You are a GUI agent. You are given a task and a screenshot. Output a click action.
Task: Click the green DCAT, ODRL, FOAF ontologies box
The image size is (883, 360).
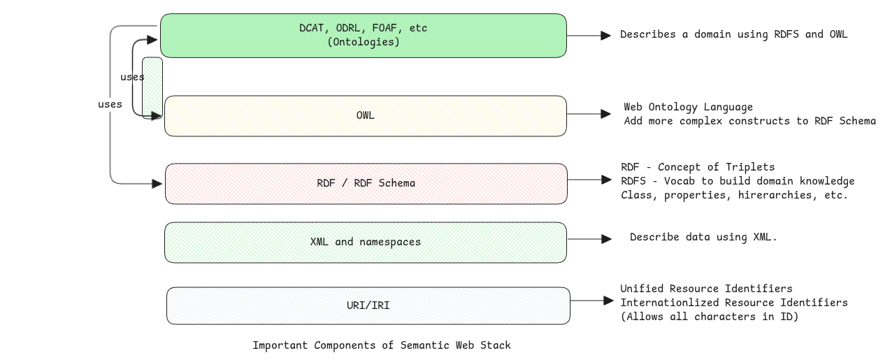coord(363,36)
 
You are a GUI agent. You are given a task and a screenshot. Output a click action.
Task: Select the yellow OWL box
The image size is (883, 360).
coord(365,116)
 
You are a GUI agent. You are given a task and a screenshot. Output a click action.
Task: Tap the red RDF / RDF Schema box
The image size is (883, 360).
coord(366,184)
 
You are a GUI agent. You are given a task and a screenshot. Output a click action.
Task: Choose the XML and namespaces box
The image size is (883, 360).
coord(365,243)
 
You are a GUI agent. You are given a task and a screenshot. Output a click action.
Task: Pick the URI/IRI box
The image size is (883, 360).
coord(368,306)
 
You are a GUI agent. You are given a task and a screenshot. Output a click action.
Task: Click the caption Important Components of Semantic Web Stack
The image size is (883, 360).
coord(381,345)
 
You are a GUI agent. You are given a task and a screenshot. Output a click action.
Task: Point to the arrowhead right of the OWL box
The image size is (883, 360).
coord(606,113)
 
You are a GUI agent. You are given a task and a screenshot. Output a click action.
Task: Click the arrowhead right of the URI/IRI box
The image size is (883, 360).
coord(608,301)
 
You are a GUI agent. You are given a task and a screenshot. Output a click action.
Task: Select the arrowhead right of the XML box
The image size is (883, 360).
coord(606,239)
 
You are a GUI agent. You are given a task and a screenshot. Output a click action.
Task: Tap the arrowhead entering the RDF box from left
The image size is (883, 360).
coord(157,184)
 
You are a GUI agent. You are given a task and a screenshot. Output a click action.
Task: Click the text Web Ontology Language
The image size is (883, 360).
coord(688,107)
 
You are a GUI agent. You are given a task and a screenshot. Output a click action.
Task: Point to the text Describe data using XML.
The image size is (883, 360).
coord(703,237)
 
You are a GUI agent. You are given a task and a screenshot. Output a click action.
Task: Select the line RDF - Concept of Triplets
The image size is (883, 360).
coord(697,167)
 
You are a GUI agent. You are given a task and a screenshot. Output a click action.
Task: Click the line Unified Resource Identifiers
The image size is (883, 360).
coord(706,289)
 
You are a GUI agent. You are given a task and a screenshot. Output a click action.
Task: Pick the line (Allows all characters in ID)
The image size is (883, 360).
coord(709,317)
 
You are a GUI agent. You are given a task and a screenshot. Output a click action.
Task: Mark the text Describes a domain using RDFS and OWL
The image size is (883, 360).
coord(733,34)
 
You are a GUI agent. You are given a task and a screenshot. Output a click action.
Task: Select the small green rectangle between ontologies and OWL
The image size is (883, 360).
coord(152,88)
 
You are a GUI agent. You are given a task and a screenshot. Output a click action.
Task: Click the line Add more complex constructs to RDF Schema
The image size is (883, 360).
coord(749,121)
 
